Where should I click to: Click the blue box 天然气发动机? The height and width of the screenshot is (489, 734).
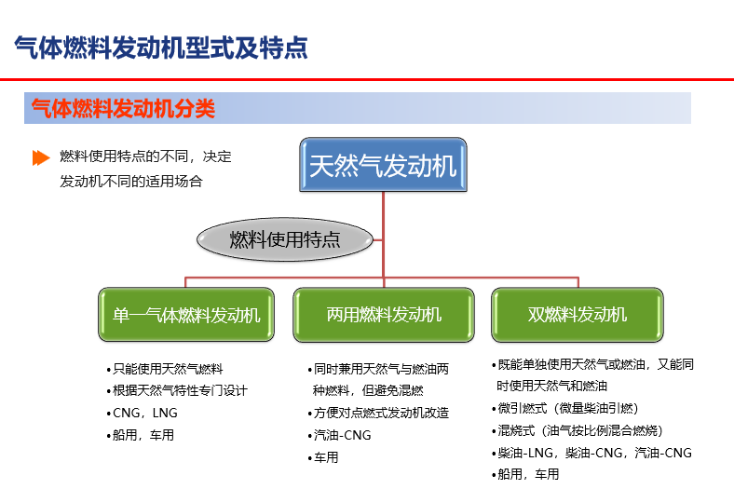383,164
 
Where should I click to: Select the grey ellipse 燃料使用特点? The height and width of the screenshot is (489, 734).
285,239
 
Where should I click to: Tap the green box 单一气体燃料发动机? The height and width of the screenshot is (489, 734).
186,315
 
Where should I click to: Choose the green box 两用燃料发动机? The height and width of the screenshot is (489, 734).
384,315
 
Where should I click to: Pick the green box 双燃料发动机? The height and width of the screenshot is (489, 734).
578,315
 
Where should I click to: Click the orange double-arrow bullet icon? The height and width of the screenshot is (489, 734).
41,157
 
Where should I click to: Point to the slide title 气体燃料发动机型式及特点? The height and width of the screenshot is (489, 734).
161,48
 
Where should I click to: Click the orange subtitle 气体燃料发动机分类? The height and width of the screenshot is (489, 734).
123,109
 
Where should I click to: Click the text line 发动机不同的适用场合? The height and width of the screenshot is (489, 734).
131,181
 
